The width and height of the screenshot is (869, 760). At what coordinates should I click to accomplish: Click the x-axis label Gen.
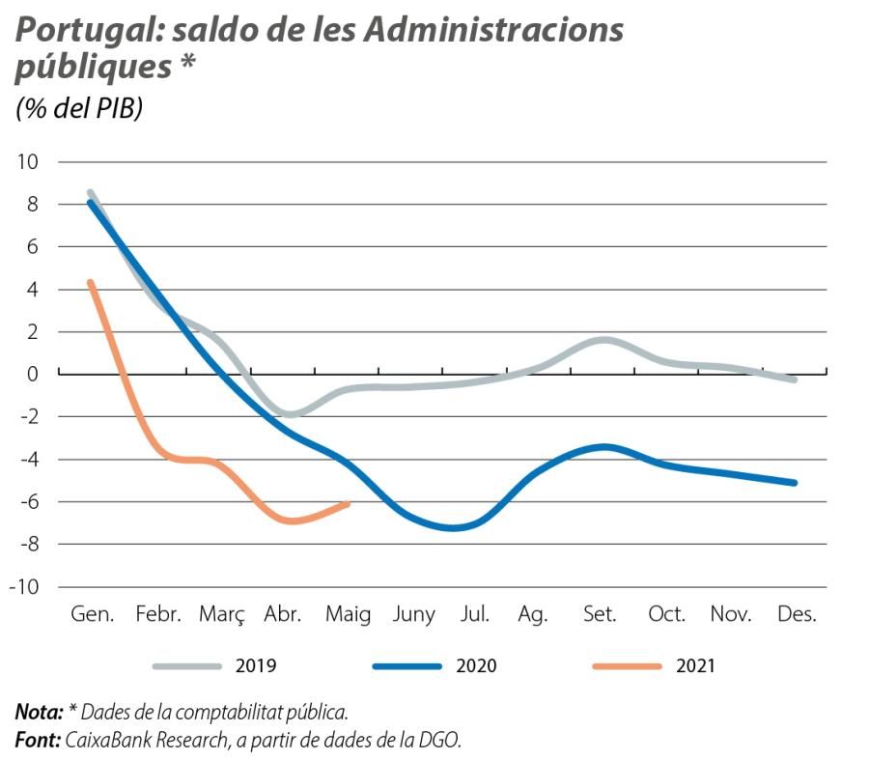tap(92, 615)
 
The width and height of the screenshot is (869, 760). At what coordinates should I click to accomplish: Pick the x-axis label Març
tap(221, 615)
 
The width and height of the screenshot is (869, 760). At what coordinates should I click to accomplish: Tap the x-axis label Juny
tap(412, 615)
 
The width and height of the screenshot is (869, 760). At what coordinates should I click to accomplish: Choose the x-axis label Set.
tap(600, 615)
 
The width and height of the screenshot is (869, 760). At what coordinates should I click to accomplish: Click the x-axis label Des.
tap(797, 615)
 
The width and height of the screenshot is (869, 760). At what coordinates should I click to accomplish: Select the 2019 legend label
tap(256, 665)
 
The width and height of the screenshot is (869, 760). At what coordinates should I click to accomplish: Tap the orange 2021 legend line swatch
tap(627, 666)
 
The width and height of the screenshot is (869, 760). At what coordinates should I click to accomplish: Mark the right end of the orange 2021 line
tap(347, 503)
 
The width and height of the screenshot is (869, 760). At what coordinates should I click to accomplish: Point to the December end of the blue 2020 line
tap(795, 483)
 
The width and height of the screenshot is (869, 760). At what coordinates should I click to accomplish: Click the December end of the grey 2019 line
tap(795, 380)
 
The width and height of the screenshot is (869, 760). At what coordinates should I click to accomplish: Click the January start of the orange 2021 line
tap(90, 282)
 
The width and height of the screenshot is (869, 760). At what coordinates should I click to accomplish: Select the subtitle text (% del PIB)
tap(79, 109)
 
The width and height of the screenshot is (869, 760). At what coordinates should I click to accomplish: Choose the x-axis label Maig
tap(348, 615)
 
